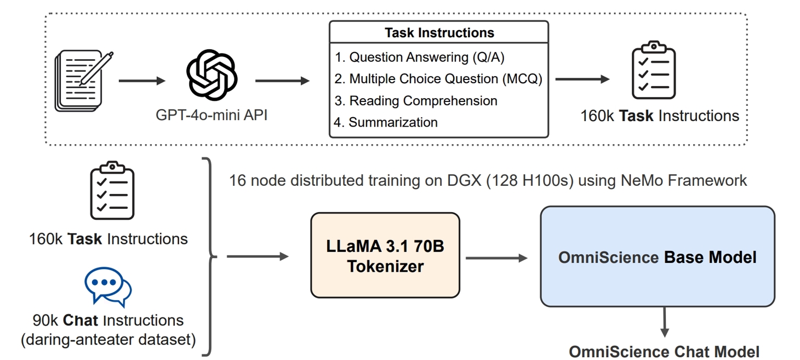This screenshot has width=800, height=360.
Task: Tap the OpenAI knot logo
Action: [212, 75]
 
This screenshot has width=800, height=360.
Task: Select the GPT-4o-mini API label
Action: [212, 116]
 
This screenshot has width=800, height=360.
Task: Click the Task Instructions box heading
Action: [439, 33]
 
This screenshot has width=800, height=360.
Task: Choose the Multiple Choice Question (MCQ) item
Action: [438, 79]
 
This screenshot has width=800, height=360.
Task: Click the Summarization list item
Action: [386, 122]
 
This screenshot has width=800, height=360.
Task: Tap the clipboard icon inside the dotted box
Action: [654, 70]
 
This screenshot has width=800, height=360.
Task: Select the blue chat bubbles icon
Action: [108, 287]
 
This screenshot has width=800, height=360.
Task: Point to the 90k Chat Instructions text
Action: [108, 320]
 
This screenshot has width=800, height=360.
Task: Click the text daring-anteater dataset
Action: [108, 340]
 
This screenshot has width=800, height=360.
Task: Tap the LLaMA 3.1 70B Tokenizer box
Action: [385, 255]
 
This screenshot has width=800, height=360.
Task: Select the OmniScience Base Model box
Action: [658, 256]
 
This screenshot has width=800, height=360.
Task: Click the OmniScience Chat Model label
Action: [664, 351]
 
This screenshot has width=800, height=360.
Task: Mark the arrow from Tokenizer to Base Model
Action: [496, 257]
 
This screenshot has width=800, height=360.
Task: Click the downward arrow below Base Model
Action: [664, 323]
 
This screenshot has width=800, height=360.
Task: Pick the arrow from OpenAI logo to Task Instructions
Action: [282, 81]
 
